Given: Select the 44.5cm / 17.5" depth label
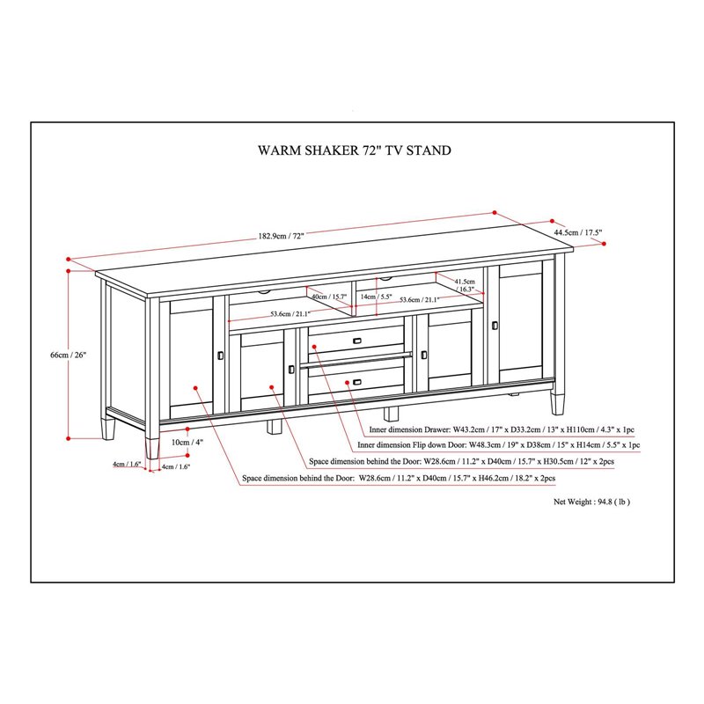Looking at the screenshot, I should (x=577, y=232).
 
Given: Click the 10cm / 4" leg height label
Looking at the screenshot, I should (x=187, y=442).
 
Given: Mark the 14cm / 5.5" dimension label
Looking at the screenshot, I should (x=376, y=297).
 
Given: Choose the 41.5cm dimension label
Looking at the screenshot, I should (x=465, y=281).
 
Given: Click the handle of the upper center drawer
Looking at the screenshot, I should (x=357, y=341).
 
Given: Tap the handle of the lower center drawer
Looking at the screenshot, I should (x=357, y=381).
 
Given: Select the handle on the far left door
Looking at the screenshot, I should (x=219, y=355).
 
